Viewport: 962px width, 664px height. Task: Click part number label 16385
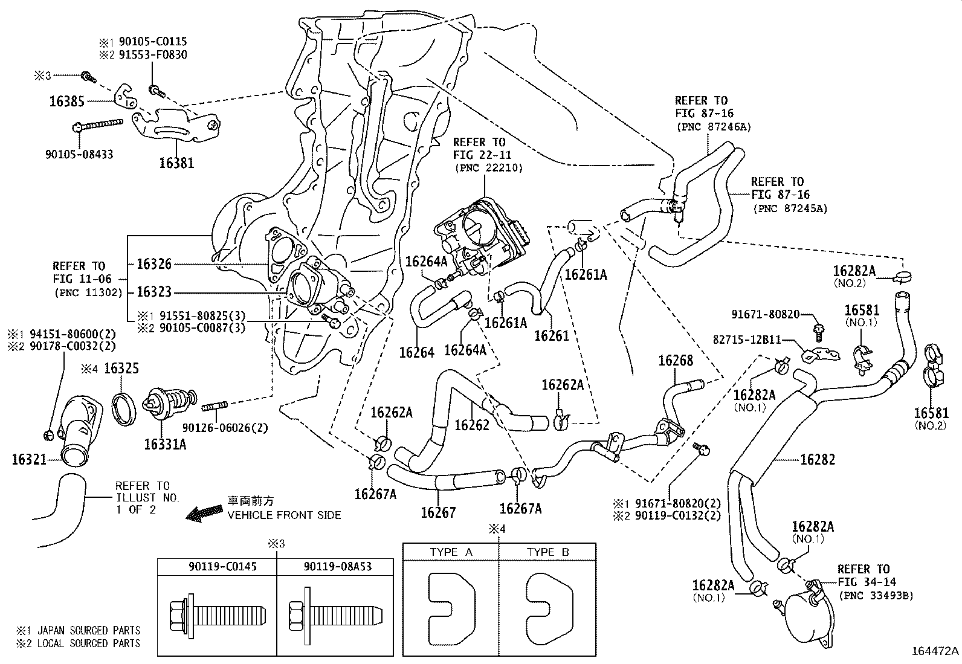coord(66,102)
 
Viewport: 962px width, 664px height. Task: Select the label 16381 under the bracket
coord(176,162)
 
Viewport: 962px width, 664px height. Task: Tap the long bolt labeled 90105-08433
coord(100,126)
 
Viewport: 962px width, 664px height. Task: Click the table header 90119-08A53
coord(337,566)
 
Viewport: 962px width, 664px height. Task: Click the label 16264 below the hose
coord(416,352)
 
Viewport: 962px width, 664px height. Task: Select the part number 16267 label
coord(439,513)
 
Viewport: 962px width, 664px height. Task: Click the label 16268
coord(676,361)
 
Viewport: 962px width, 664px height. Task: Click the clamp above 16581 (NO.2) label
coord(936,369)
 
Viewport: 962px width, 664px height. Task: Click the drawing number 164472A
coord(935,651)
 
